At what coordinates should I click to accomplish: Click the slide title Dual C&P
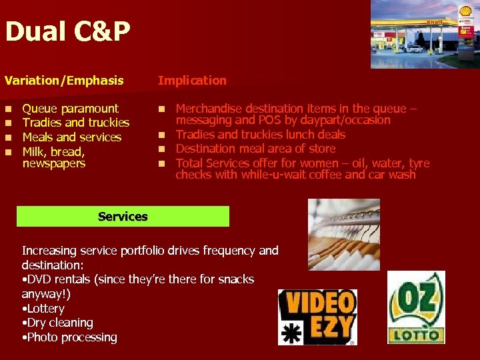[x=67, y=32]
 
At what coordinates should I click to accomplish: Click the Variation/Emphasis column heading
[x=64, y=81]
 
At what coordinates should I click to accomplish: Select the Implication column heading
[x=192, y=81]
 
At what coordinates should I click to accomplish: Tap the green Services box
[x=123, y=216]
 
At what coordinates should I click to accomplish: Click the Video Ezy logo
[x=317, y=316]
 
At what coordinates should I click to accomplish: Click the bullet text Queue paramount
[x=70, y=108]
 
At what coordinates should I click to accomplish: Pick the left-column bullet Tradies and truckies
[x=75, y=123]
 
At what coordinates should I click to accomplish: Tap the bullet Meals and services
[x=71, y=137]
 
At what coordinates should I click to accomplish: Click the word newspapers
[x=53, y=163]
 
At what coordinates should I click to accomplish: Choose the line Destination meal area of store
[x=255, y=149]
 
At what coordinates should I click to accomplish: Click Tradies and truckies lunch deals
[x=260, y=135]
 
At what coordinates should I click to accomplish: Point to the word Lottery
[x=45, y=309]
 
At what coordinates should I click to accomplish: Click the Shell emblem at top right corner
[x=465, y=11]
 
